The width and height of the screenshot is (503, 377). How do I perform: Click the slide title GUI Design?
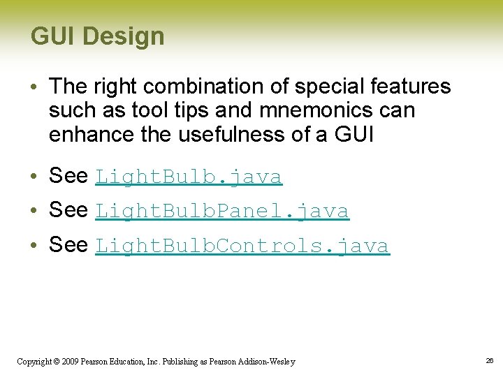pyautogui.click(x=97, y=36)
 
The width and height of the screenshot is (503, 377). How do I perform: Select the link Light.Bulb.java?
pyautogui.click(x=188, y=177)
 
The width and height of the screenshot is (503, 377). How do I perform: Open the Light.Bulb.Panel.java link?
pyautogui.click(x=221, y=211)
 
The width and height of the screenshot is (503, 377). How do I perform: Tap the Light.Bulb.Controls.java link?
pyautogui.click(x=242, y=246)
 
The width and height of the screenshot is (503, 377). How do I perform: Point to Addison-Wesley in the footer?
pyautogui.click(x=266, y=362)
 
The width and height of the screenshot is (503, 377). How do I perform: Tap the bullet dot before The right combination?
pyautogui.click(x=34, y=87)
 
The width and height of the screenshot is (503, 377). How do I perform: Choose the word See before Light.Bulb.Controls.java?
pyautogui.click(x=68, y=245)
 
